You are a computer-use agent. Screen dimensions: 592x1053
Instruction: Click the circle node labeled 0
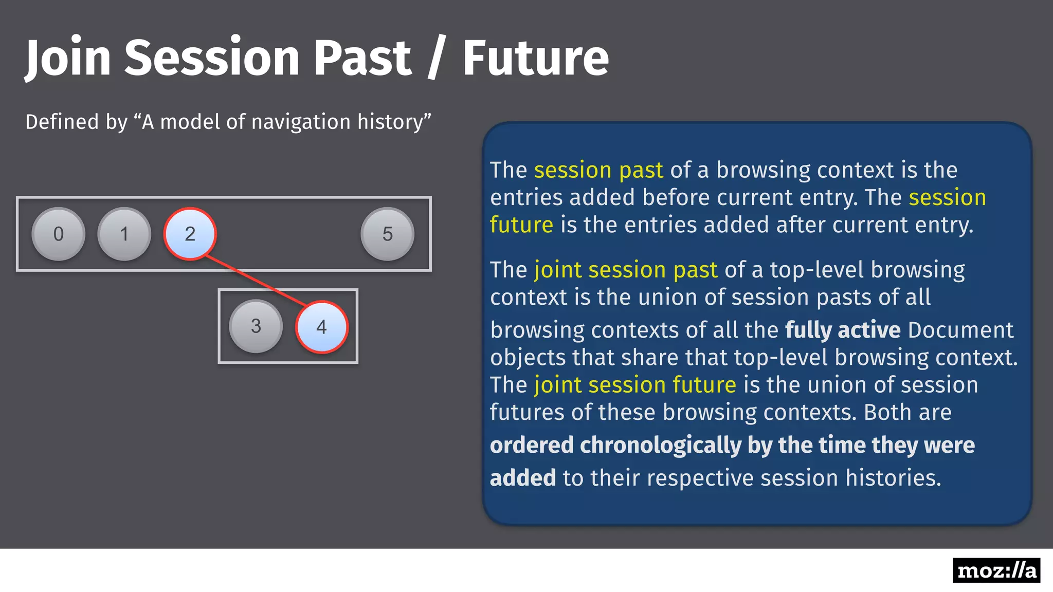[x=59, y=234]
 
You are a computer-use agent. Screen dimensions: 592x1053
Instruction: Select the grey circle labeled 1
[x=124, y=234]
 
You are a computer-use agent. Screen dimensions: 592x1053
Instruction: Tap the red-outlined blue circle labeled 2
[x=190, y=234]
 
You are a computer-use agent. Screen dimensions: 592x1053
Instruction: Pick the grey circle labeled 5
[x=387, y=234]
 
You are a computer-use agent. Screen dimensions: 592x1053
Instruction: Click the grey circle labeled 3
[x=256, y=326]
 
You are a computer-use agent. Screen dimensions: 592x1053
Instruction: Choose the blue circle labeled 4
[x=321, y=327]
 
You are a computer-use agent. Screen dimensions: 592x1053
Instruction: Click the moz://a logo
[x=996, y=570]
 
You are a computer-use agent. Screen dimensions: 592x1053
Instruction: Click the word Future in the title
[x=535, y=58]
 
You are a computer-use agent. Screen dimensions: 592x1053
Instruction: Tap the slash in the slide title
[x=435, y=58]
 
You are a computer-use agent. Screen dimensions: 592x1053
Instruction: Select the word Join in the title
[x=68, y=58]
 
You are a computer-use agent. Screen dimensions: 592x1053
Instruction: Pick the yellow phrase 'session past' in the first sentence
[x=598, y=170]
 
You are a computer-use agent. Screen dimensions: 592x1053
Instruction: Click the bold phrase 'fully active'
[x=842, y=330]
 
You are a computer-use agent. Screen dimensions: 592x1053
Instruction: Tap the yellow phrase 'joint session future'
[x=635, y=385]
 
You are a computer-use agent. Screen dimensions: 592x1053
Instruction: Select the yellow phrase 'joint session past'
[x=626, y=270]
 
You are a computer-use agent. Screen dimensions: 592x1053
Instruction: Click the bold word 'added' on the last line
[x=522, y=478]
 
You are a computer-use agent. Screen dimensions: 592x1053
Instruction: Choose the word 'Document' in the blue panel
[x=960, y=330]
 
